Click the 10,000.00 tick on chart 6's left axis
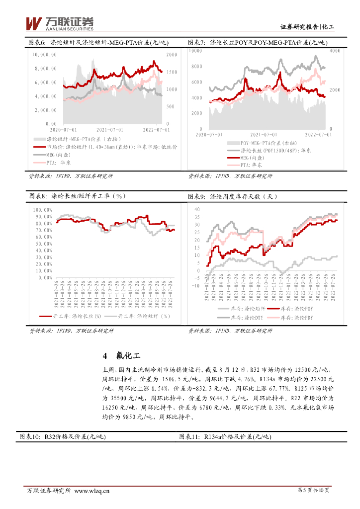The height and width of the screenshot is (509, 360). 44,55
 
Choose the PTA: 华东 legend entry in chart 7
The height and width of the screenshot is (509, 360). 251,165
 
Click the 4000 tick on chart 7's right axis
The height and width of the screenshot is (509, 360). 334,51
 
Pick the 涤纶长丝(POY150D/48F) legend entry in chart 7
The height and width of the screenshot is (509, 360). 275,150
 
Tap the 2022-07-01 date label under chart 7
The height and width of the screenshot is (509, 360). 318,134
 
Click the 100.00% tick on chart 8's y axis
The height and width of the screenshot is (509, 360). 42,210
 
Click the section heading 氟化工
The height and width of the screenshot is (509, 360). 128,356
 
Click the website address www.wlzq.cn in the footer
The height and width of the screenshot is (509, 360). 91,491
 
